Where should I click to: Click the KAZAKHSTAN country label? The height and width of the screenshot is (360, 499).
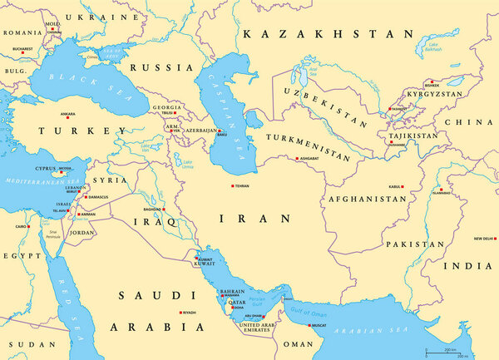pos(326,34)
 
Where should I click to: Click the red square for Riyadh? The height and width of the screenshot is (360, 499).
pos(180,313)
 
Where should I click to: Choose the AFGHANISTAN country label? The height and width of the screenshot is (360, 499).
pos(367,200)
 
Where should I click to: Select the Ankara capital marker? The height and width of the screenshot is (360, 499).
pos(60,115)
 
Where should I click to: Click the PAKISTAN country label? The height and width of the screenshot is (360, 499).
pos(413,244)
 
